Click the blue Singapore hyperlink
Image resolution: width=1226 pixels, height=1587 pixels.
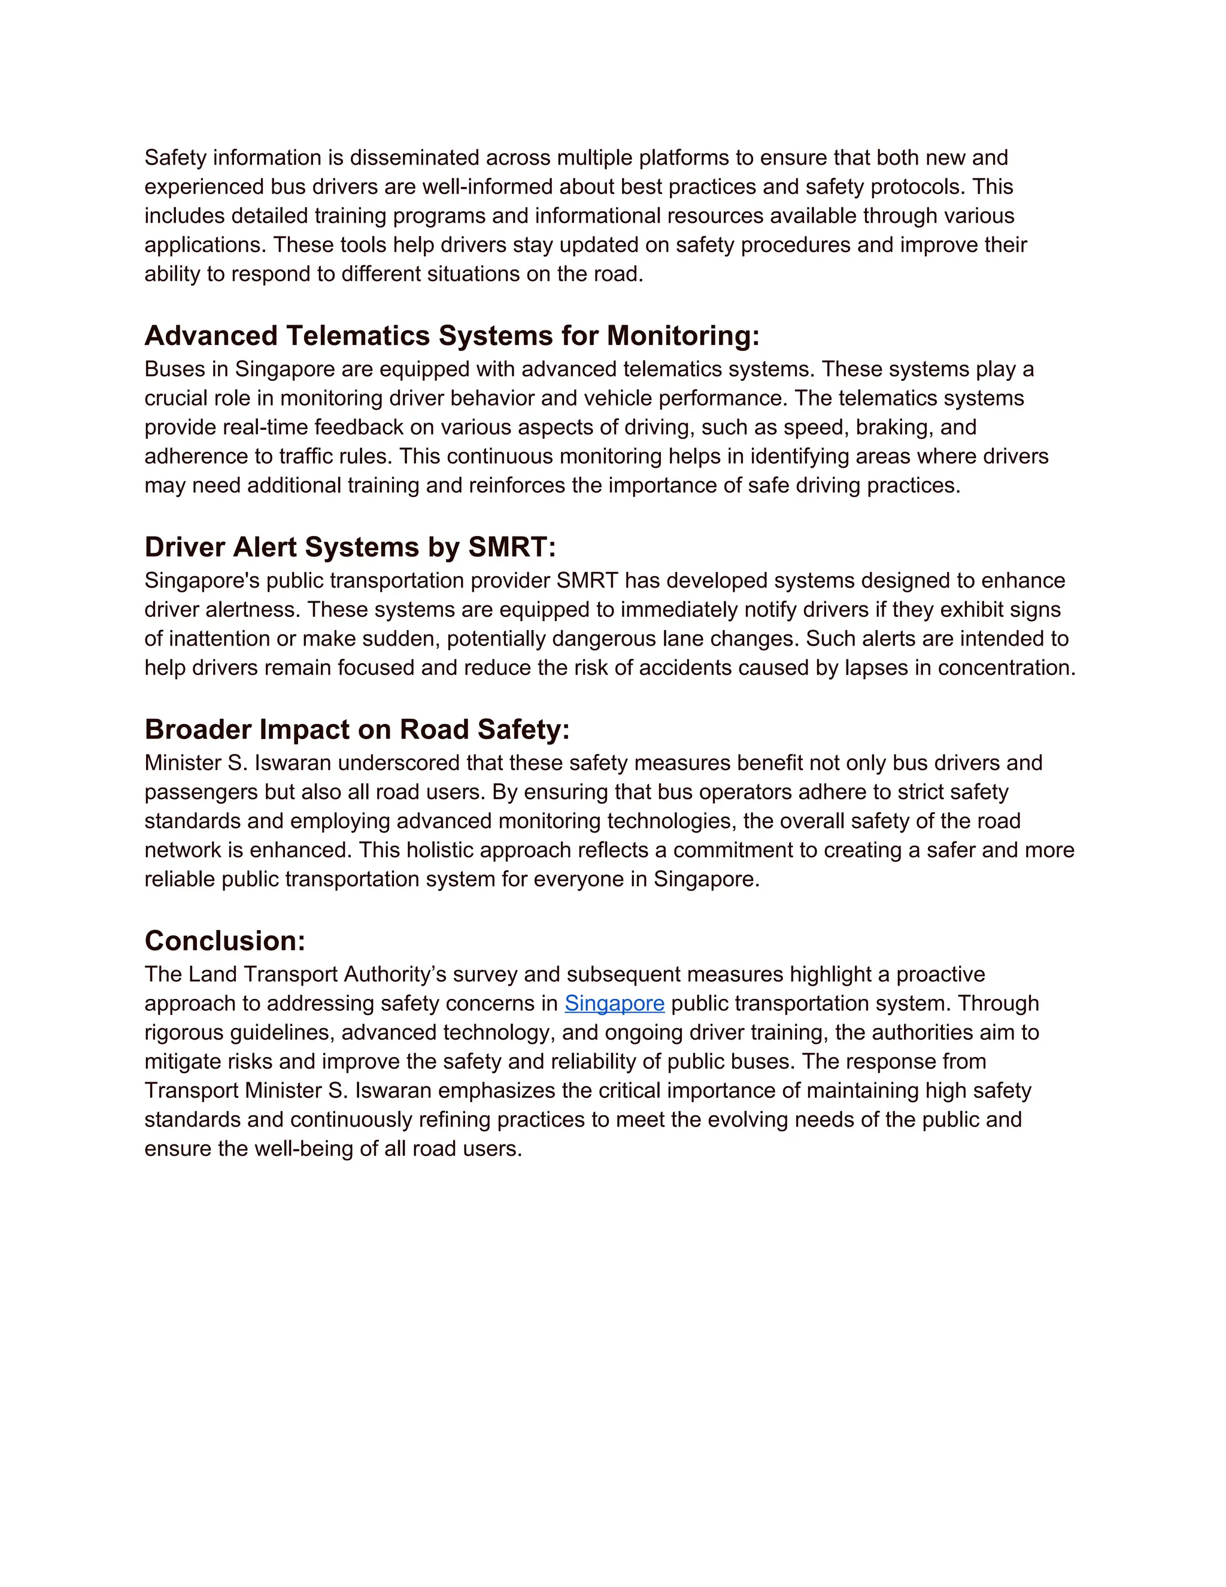click(x=614, y=1004)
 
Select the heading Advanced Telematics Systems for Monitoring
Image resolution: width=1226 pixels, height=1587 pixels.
click(x=452, y=336)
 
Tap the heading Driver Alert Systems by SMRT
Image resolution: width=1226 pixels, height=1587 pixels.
click(x=350, y=547)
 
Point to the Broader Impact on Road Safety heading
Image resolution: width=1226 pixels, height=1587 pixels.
click(x=357, y=729)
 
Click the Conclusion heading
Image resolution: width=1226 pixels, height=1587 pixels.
click(x=224, y=941)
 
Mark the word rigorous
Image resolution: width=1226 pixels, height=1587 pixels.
click(x=184, y=1032)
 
